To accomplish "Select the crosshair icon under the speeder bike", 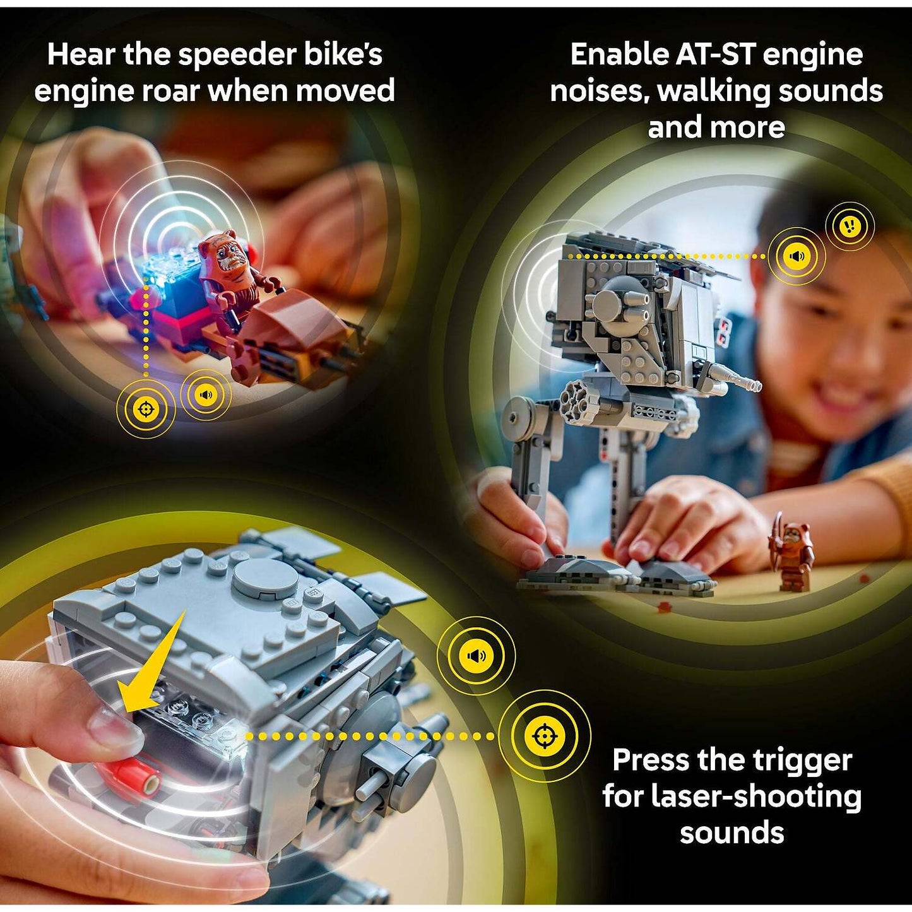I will (146, 409).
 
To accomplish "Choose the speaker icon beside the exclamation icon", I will (797, 256).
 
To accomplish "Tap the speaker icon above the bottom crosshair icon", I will (477, 656).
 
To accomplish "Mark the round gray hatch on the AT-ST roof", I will (266, 578).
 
